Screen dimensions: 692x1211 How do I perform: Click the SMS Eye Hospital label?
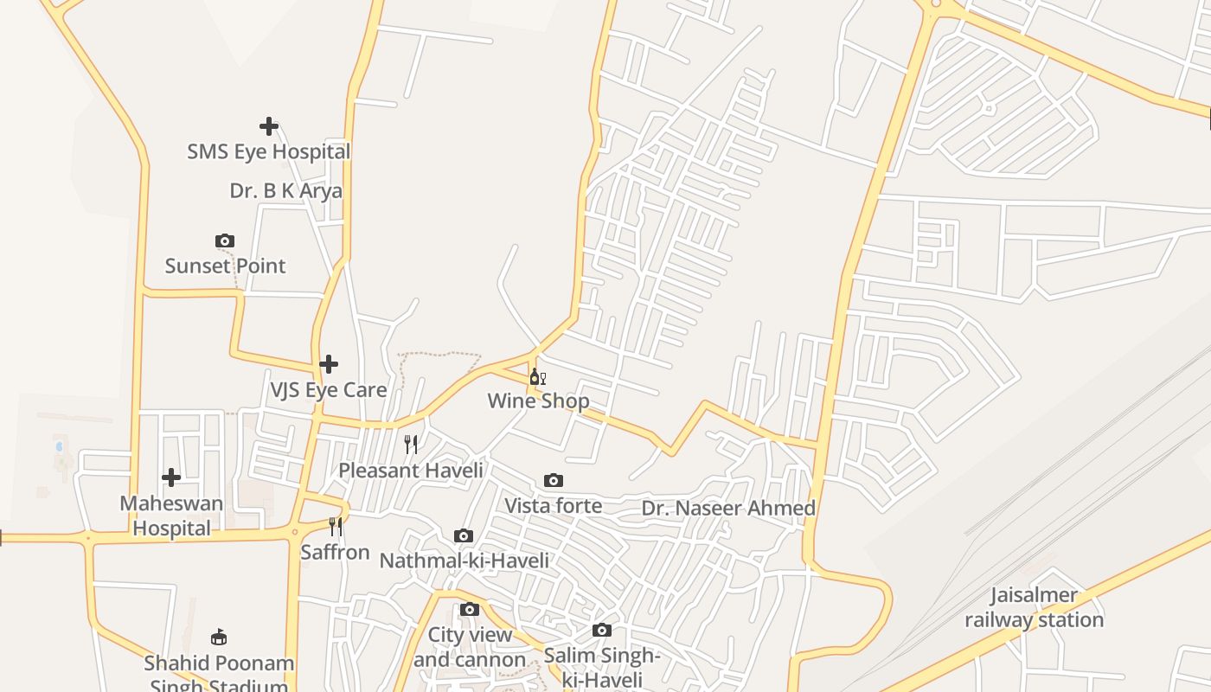[269, 152]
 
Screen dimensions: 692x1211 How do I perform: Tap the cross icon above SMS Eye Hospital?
[269, 126]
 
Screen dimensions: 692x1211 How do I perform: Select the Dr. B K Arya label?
[285, 191]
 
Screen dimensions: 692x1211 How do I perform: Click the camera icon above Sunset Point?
[225, 240]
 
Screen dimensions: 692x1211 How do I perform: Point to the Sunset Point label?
[225, 266]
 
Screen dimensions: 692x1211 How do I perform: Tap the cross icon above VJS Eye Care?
[329, 364]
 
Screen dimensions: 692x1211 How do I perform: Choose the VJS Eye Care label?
[329, 390]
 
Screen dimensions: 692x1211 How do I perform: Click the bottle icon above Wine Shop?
[537, 376]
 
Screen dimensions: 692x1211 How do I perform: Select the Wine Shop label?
[538, 401]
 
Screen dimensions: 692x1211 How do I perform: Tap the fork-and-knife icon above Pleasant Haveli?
[411, 445]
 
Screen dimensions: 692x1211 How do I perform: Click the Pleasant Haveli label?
[411, 471]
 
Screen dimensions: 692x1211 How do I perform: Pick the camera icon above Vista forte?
[554, 480]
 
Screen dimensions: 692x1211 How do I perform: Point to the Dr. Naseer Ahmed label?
[728, 509]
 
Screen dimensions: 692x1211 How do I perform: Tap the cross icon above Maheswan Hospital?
[171, 477]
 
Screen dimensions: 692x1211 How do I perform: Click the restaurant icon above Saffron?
[336, 526]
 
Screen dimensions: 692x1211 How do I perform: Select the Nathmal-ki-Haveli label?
[464, 561]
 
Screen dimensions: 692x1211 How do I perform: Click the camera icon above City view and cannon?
[469, 609]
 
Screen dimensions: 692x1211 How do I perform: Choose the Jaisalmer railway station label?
[1034, 607]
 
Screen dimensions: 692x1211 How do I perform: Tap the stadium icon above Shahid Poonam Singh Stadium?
[219, 638]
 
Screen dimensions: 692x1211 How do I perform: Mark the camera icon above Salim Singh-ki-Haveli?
[602, 630]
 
